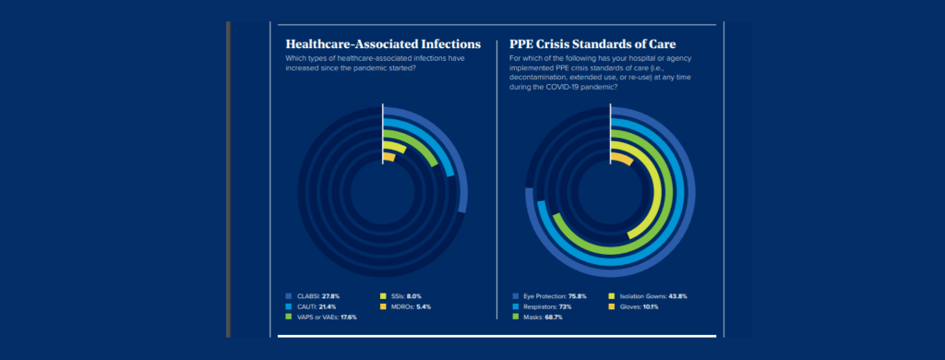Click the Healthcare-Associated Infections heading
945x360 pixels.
tap(383, 43)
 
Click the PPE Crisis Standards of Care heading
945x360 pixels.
tap(593, 43)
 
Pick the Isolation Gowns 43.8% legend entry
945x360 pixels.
tap(652, 295)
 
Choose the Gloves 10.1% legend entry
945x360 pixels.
tap(638, 306)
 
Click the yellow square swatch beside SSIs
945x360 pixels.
tap(383, 295)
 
